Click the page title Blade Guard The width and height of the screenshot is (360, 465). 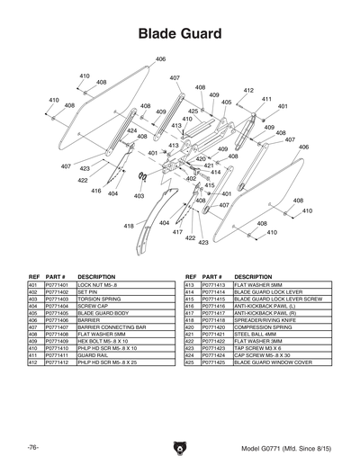[x=180, y=34]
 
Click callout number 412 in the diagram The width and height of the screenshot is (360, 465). [x=248, y=91]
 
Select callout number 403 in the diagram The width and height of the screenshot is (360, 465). [x=139, y=195]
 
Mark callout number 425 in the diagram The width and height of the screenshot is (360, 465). [x=193, y=111]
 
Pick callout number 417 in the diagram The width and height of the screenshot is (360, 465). [x=178, y=232]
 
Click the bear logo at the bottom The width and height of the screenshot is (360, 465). [x=180, y=447]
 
